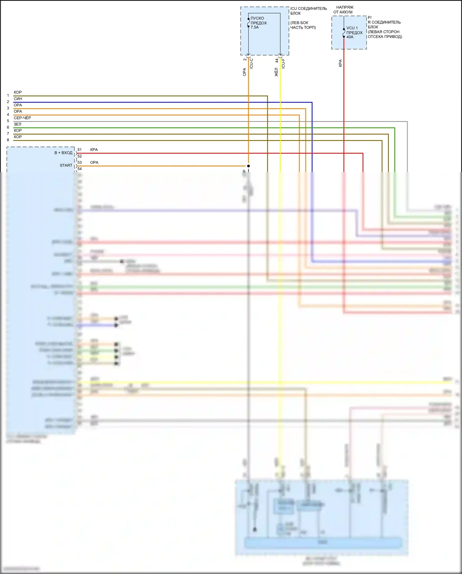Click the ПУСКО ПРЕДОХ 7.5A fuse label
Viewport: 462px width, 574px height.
coord(258,23)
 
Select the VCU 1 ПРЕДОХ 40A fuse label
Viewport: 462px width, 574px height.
coord(354,32)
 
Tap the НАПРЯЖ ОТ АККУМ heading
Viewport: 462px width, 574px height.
coord(344,10)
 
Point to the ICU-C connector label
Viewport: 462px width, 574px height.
coord(251,64)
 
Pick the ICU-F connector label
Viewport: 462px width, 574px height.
coord(283,64)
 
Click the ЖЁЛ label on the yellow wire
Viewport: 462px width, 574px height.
coord(276,72)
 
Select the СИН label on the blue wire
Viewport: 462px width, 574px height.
coord(18,99)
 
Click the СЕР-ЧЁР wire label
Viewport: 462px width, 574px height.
coord(22,118)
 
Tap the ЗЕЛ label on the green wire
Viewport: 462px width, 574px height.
coord(18,124)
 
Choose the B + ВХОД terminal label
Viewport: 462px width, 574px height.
coord(63,153)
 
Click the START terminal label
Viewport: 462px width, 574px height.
coord(66,165)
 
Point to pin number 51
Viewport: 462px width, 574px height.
coord(79,150)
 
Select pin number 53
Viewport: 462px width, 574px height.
coord(79,162)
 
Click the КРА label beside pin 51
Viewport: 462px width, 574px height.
coord(94,150)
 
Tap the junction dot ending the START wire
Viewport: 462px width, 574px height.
coord(249,166)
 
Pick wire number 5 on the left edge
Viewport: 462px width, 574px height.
coord(8,121)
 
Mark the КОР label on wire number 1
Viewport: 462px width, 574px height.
coord(18,92)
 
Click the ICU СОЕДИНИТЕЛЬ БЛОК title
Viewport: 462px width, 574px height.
coord(308,11)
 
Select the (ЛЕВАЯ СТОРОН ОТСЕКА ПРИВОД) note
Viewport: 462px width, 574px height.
coord(385,34)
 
